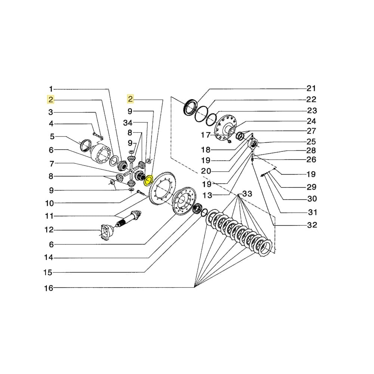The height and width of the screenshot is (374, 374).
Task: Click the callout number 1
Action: point(51,89)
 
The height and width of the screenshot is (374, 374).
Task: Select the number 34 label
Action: point(128,123)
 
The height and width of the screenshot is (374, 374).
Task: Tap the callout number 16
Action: point(49,288)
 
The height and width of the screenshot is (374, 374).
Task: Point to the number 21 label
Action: point(311,89)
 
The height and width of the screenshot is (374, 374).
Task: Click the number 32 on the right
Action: point(312,225)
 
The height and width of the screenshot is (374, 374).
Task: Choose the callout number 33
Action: point(247,194)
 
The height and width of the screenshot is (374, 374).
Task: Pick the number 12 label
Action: point(49,230)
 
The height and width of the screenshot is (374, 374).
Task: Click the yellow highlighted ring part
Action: point(148,180)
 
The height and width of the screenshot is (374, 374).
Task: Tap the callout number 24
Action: point(311,121)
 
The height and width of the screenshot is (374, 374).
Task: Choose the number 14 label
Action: point(49,258)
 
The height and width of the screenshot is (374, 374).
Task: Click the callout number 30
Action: point(312,199)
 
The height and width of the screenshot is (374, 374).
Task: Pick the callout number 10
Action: point(49,203)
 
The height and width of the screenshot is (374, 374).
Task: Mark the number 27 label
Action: point(311,131)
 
